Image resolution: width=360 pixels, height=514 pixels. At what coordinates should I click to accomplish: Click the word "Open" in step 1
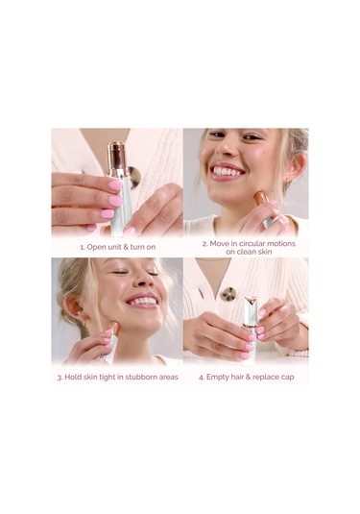pos(96,247)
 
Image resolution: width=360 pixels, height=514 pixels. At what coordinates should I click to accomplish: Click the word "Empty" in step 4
pos(218,378)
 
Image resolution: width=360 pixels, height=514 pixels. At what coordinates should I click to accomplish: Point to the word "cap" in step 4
pos(287,378)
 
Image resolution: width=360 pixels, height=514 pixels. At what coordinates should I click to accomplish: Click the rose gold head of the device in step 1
pos(117,159)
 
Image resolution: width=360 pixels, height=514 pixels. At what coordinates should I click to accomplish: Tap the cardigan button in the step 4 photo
pos(228,294)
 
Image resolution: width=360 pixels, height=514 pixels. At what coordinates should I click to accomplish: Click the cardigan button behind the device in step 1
pos(134,177)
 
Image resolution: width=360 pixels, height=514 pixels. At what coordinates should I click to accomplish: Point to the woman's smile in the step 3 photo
pos(142,301)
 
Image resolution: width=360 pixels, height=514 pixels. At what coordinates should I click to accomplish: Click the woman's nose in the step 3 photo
pos(142,281)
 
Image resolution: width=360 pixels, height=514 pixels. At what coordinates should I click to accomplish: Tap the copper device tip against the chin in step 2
pos(260,198)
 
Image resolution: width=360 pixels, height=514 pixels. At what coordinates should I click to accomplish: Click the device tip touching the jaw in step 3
pos(113,327)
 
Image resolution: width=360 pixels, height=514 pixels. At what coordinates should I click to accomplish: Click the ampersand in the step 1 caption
pos(126,247)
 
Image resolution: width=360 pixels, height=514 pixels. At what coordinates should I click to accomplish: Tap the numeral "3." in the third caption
pos(60,378)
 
